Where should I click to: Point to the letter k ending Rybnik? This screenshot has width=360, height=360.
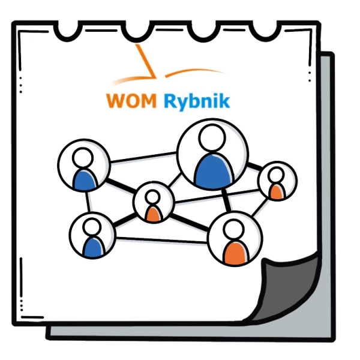pyautogui.click(x=224, y=100)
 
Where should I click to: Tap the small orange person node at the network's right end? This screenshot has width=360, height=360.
pyautogui.click(x=277, y=180)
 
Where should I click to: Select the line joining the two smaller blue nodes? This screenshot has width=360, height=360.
pyautogui.click(x=88, y=204)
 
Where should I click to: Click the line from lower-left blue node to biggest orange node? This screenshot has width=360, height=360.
pyautogui.click(x=162, y=241)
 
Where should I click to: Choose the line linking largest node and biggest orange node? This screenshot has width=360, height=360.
pyautogui.click(x=224, y=199)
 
